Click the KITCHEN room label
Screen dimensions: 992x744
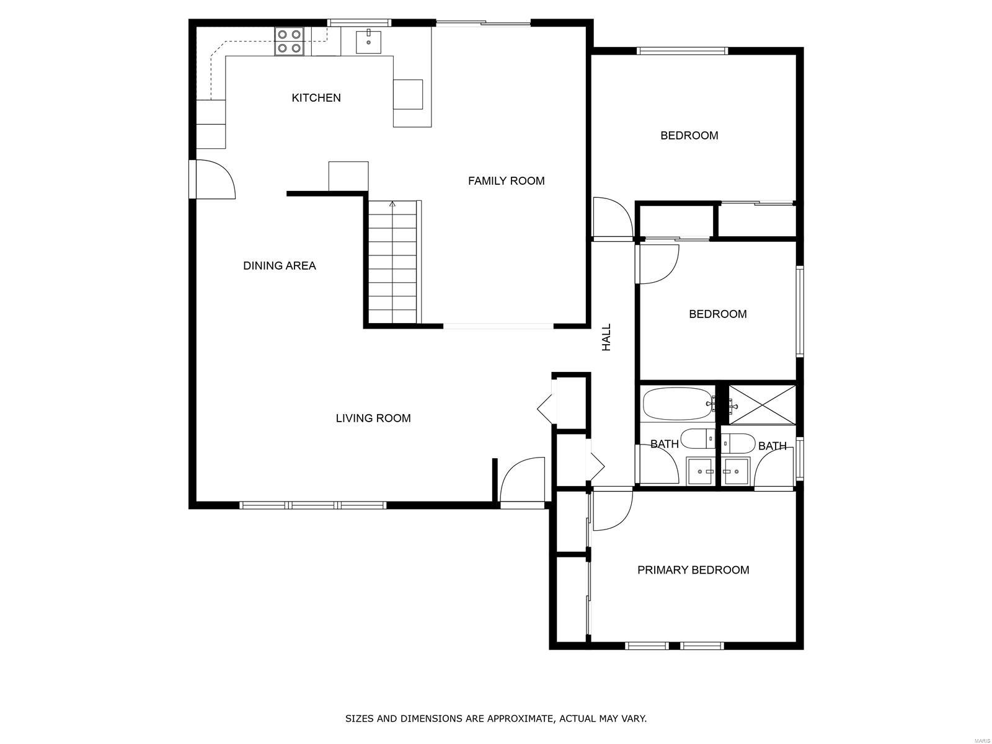pyautogui.click(x=316, y=97)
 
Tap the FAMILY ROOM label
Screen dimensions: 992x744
pyautogui.click(x=506, y=180)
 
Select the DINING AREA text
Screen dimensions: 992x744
pyautogui.click(x=279, y=265)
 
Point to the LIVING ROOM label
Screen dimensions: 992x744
pyautogui.click(x=373, y=418)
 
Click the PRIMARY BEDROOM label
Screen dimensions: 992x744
pyautogui.click(x=693, y=570)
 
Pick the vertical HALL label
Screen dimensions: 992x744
pyautogui.click(x=606, y=337)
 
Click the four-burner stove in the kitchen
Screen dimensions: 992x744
pyautogui.click(x=290, y=41)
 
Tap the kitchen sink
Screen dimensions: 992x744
pyautogui.click(x=368, y=42)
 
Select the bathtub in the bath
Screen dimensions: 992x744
pyautogui.click(x=678, y=404)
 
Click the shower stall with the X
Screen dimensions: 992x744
pyautogui.click(x=762, y=405)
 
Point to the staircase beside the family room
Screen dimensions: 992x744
pyautogui.click(x=392, y=262)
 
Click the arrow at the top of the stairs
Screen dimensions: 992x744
pyautogui.click(x=392, y=205)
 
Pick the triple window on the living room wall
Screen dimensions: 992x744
pyautogui.click(x=312, y=505)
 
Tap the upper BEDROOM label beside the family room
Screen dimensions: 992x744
pyautogui.click(x=689, y=136)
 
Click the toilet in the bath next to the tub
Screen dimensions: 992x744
pyautogui.click(x=697, y=438)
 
